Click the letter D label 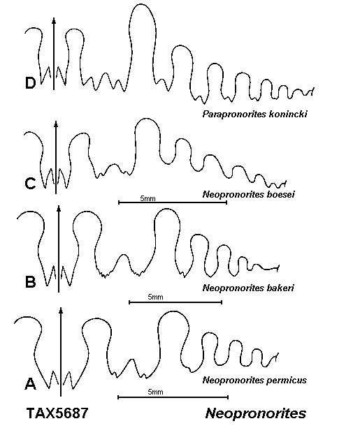31,83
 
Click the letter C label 30,184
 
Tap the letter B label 31,282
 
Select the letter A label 31,384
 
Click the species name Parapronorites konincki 254,114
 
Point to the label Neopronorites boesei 249,194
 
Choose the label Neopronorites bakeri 248,288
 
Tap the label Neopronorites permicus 254,380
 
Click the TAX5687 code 57,413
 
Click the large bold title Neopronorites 256,413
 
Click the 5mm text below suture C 147,198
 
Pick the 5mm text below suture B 155,297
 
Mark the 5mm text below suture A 155,392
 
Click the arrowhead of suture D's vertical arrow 54,20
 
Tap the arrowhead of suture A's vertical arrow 61,310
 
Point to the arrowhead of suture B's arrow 59,209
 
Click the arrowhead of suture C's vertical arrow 56,124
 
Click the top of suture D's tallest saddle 142,4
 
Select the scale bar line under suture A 173,397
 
